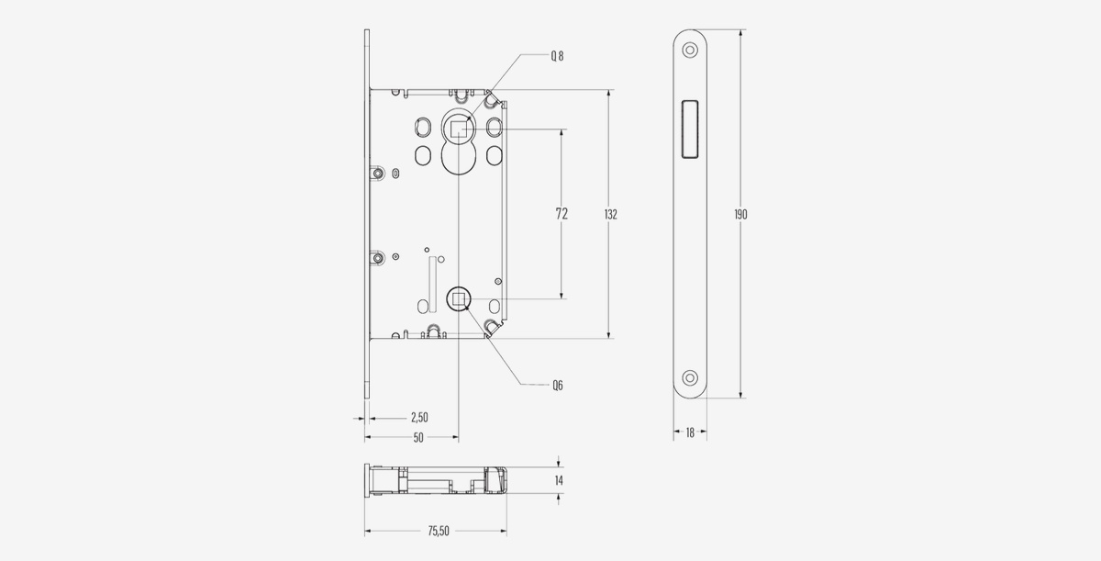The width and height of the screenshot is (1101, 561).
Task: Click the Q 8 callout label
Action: pos(557,56)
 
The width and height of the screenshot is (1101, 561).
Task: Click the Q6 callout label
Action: pos(558,385)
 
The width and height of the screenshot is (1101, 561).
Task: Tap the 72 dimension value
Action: pos(562,214)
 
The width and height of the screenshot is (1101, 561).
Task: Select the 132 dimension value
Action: pos(610,214)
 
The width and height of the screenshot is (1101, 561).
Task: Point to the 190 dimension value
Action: pos(740,214)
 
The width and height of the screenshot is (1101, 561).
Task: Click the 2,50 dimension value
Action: pos(419,418)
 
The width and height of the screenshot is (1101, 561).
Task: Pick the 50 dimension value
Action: pos(418,438)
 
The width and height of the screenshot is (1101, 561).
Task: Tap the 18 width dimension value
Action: pos(690,432)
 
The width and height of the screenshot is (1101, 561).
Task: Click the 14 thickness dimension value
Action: pos(559,480)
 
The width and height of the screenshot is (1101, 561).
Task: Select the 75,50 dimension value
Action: pos(439,531)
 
